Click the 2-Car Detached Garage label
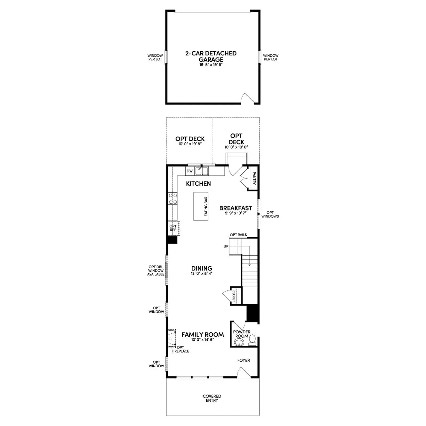pyautogui.click(x=211, y=56)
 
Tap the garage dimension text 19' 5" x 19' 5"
pyautogui.click(x=211, y=65)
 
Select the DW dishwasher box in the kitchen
pyautogui.click(x=190, y=171)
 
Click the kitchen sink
pyautogui.click(x=202, y=171)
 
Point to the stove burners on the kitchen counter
pyautogui.click(x=173, y=199)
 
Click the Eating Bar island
pyautogui.click(x=201, y=206)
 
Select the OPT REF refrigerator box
pyautogui.click(x=174, y=228)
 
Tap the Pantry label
pyautogui.click(x=254, y=178)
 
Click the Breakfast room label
pyautogui.click(x=236, y=208)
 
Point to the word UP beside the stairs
pyautogui.click(x=226, y=246)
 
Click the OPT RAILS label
pyautogui.click(x=238, y=235)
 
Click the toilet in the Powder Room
pyautogui.click(x=252, y=340)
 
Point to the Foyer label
pyautogui.click(x=244, y=360)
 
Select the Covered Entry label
pyautogui.click(x=212, y=398)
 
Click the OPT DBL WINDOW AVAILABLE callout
pyautogui.click(x=156, y=271)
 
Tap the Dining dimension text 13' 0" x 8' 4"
pyautogui.click(x=202, y=273)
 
